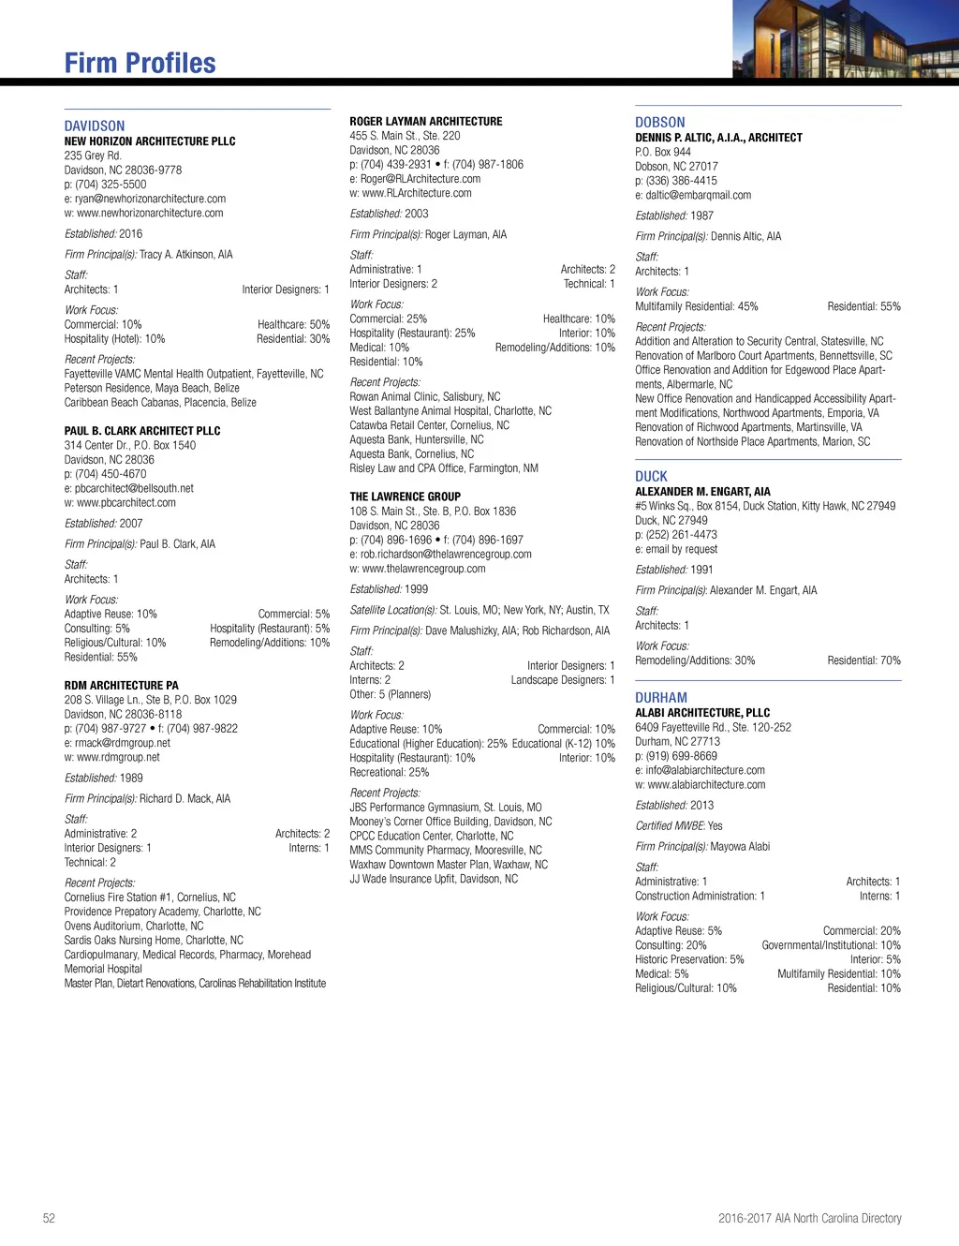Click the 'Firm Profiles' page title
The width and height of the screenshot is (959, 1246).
(x=140, y=63)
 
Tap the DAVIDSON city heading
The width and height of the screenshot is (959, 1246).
(x=94, y=126)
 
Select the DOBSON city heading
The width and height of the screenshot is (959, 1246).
(x=659, y=122)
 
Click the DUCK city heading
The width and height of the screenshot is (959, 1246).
(x=651, y=476)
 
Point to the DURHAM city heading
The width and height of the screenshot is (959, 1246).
(x=660, y=697)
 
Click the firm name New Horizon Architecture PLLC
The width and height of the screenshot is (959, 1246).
(x=150, y=141)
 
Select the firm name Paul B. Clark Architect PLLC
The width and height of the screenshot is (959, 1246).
(x=142, y=431)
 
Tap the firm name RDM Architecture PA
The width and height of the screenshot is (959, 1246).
(x=121, y=686)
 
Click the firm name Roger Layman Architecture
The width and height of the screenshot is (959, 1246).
(x=425, y=122)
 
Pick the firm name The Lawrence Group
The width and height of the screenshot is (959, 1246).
(x=405, y=497)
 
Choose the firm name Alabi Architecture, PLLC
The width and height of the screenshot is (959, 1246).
(x=702, y=713)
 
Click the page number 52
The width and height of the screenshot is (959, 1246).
(x=49, y=1218)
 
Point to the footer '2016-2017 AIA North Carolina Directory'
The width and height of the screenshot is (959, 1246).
(x=809, y=1218)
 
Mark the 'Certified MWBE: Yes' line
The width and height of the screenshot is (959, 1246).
(x=678, y=825)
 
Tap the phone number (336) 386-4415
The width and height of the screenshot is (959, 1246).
(x=681, y=181)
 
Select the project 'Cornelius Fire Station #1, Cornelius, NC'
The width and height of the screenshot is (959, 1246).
(x=150, y=897)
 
